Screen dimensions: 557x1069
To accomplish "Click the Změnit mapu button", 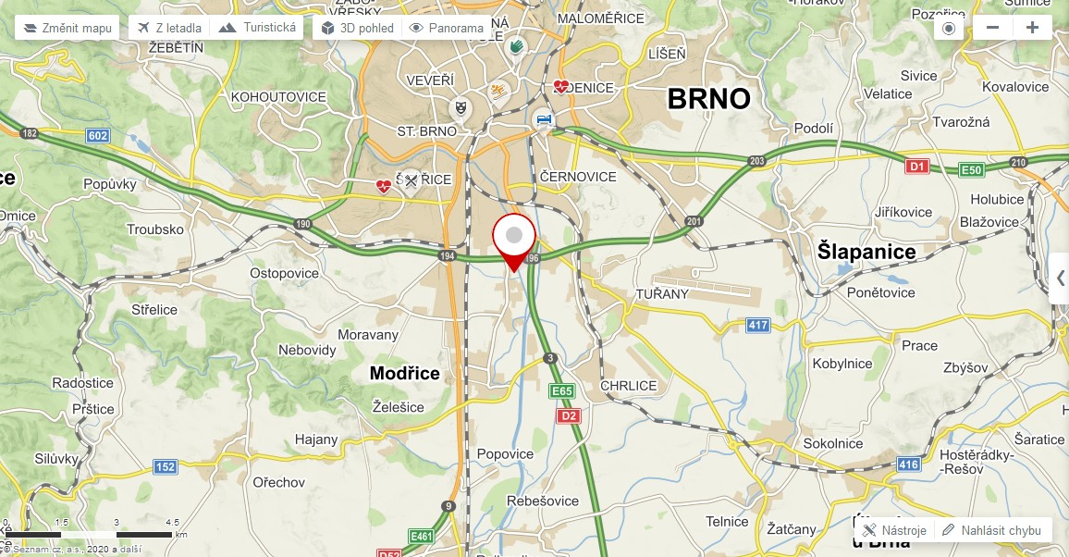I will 68,28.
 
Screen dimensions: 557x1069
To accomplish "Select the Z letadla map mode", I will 169,28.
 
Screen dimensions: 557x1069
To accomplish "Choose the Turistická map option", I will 258,28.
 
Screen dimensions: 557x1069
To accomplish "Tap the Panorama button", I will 447,28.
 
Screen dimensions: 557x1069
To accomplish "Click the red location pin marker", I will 514,240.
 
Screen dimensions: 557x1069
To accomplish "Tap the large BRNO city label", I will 708,98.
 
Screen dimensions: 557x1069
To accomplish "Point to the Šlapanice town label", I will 866,252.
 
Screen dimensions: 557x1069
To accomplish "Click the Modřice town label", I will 405,373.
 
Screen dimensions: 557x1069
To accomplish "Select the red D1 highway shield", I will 916,167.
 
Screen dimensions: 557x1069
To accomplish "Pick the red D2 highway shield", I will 569,415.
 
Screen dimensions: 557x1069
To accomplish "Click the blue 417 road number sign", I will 758,325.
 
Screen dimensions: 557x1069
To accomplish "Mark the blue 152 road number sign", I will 165,466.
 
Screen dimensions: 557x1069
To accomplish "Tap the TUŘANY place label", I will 662,293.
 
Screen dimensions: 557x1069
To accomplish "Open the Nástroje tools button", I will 894,530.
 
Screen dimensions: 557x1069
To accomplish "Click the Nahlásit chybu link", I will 992,530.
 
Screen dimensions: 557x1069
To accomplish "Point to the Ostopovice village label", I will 284,273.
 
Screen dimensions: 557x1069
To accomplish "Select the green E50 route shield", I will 972,170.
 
